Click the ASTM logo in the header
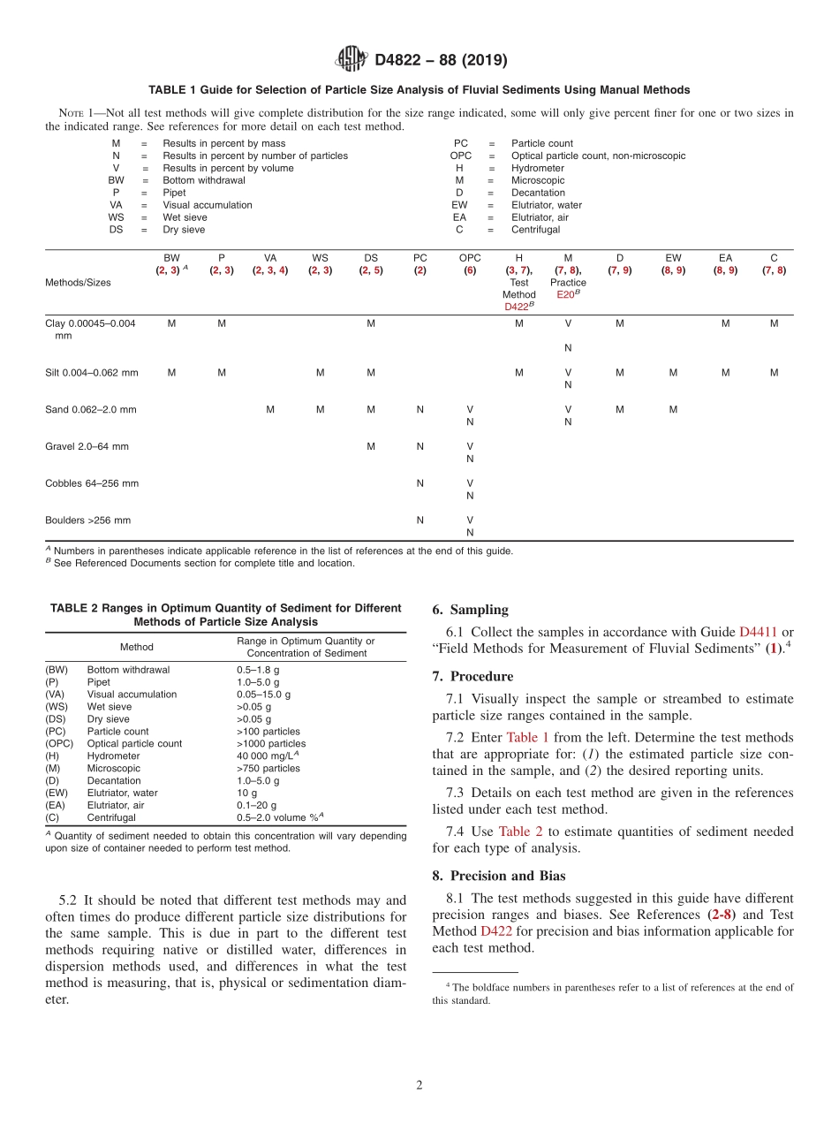pos(351,59)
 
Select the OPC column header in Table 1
pos(470,258)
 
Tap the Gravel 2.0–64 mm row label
pos(87,446)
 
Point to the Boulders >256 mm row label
pos(87,520)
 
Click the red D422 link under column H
pos(517,307)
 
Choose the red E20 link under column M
pos(565,294)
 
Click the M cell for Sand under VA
pos(270,409)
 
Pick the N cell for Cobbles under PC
pos(420,483)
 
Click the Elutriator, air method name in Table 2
pos(119,805)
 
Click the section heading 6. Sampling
pos(470,610)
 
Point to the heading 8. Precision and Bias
pos(499,876)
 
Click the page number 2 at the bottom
pos(419,1085)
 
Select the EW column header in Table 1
pos(673,258)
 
